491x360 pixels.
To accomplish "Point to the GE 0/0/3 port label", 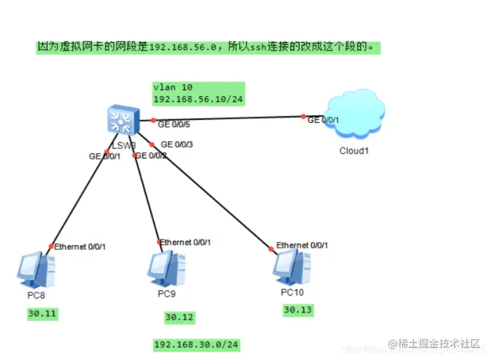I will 177,145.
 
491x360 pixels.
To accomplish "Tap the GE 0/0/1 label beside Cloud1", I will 323,120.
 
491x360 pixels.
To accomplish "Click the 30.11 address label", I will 42,314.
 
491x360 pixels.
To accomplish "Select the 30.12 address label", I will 179,318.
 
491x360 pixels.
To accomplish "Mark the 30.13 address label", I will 297,309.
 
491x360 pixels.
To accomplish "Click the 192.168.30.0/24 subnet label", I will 196,345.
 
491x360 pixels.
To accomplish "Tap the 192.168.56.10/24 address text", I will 199,100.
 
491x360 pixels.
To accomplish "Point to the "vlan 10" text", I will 173,87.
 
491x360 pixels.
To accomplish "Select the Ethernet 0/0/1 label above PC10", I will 302,245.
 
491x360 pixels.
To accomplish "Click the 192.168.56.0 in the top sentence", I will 182,48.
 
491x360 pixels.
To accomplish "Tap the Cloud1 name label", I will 354,150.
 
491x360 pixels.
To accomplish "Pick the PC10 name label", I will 292,291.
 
